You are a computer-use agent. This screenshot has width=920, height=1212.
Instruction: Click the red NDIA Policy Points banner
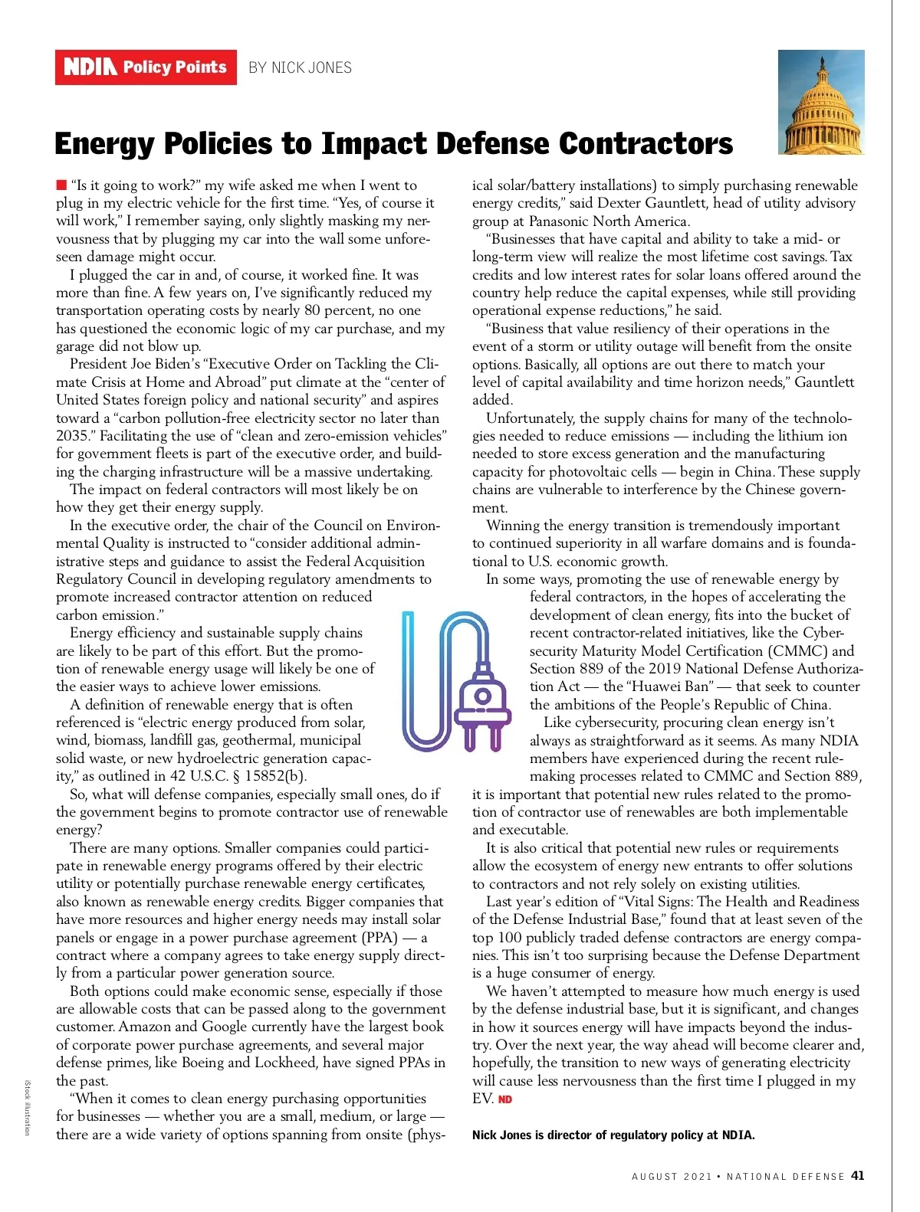click(146, 67)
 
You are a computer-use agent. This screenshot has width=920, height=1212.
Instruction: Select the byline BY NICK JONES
click(300, 67)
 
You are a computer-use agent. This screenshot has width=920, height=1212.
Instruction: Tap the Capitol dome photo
click(821, 102)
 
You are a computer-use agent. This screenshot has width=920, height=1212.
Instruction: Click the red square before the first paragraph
click(61, 185)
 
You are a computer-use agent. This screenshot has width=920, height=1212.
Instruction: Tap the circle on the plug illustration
click(482, 696)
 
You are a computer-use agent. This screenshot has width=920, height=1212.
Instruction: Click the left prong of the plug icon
click(469, 736)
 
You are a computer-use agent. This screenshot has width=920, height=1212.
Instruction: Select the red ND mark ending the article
click(505, 1099)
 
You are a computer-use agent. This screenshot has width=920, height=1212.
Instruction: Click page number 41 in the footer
click(857, 1175)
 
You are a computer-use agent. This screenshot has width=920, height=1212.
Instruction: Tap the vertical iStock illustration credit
click(27, 1107)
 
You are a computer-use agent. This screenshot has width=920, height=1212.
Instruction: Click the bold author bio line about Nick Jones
click(613, 1135)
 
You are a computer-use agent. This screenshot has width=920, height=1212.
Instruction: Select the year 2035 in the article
click(72, 436)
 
